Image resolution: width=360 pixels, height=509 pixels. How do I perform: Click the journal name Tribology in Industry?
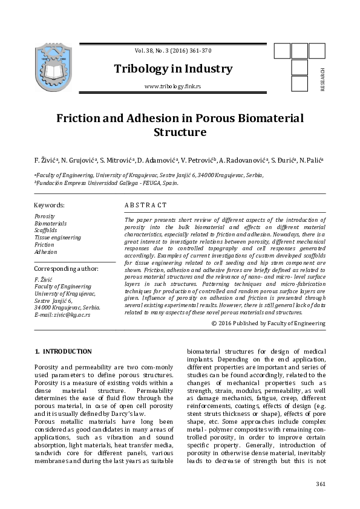tap(173, 69)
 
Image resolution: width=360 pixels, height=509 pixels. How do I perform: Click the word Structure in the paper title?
tap(180, 132)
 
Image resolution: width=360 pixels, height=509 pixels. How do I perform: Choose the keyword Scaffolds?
tap(47, 230)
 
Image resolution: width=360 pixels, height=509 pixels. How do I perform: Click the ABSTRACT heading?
tap(145, 206)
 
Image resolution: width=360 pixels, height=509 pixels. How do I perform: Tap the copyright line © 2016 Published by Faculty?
tap(269, 323)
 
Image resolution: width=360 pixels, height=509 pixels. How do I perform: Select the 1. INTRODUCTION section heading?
tap(63, 351)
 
